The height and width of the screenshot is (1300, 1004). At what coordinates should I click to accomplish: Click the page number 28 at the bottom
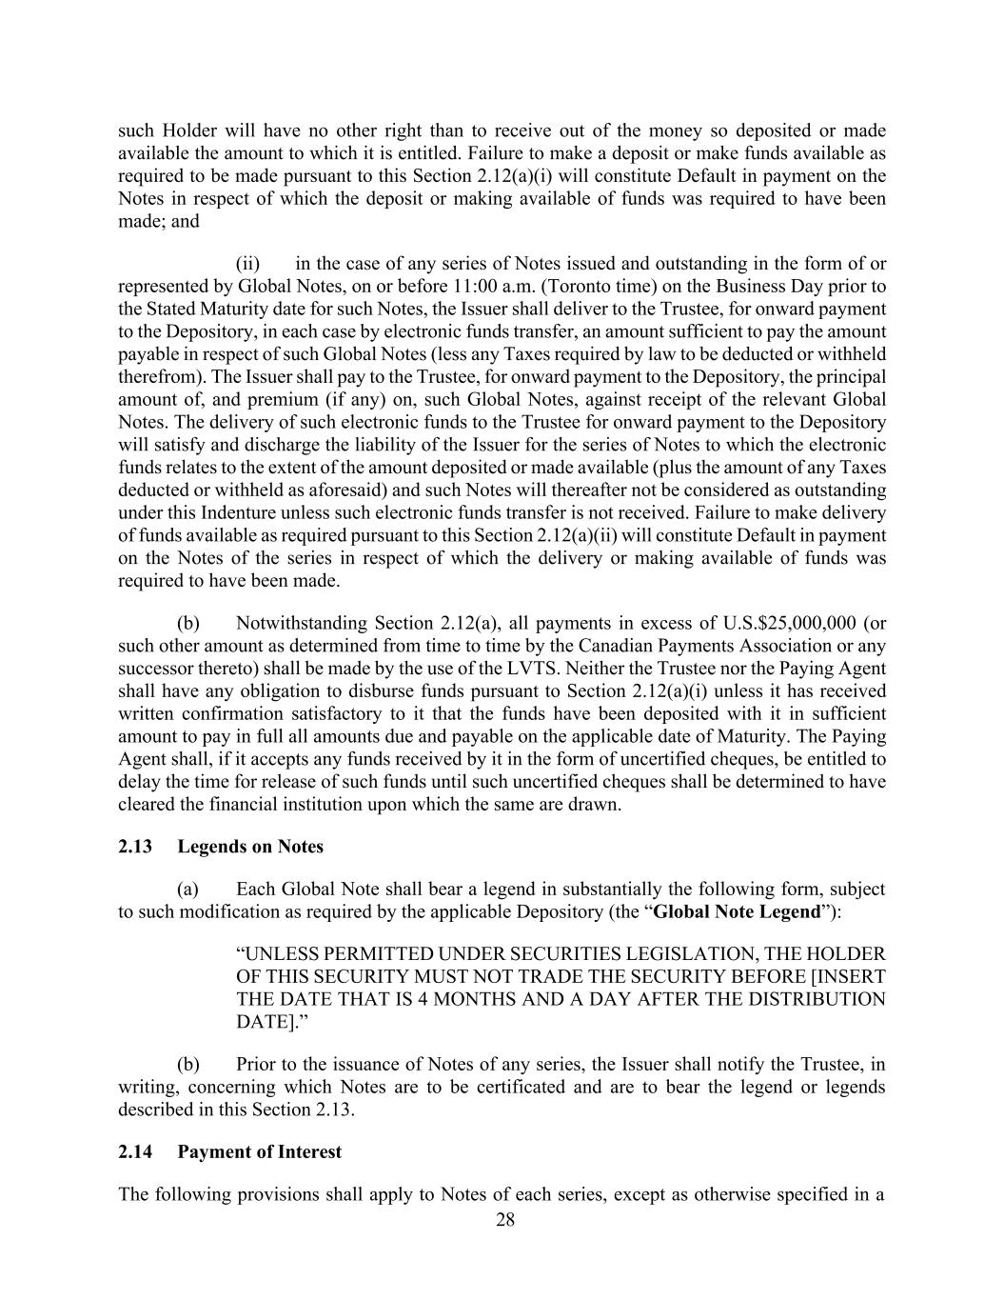pyautogui.click(x=505, y=1220)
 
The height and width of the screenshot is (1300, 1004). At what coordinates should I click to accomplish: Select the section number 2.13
pyautogui.click(x=135, y=847)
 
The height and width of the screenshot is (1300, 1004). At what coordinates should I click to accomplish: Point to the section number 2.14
pyautogui.click(x=135, y=1151)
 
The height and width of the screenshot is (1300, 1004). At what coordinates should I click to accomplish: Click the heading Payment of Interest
pyautogui.click(x=259, y=1151)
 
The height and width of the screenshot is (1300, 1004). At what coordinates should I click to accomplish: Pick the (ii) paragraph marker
pyautogui.click(x=247, y=263)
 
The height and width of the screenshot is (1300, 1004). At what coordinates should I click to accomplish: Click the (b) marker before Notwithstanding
pyautogui.click(x=188, y=623)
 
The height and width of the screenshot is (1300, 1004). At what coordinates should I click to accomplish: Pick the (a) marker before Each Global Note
pyautogui.click(x=188, y=889)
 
